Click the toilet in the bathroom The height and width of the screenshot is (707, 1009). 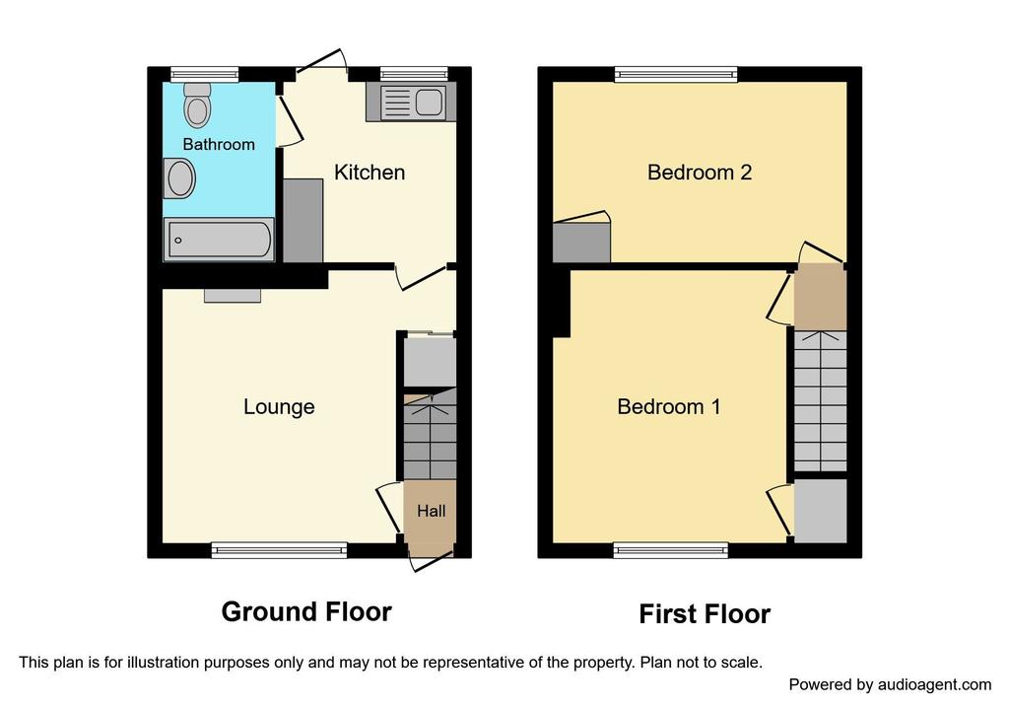[x=197, y=105]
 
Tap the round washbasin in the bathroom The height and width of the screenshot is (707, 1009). [x=179, y=178]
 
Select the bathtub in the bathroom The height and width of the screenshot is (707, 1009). [x=219, y=240]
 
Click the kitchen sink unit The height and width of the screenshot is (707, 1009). [x=411, y=102]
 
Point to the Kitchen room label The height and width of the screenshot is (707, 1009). [x=370, y=172]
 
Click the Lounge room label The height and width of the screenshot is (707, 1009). [x=279, y=406]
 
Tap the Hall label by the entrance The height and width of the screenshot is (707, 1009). [x=431, y=511]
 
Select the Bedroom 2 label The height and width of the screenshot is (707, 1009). [x=700, y=172]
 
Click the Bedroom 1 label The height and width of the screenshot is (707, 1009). [x=669, y=406]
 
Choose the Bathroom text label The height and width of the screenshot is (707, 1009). [x=219, y=144]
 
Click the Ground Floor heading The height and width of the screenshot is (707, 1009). [x=306, y=611]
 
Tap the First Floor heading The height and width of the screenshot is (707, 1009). [x=705, y=613]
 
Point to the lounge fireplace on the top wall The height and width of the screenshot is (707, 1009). [x=233, y=295]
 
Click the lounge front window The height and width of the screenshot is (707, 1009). [x=279, y=550]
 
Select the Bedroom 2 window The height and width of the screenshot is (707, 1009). [x=676, y=75]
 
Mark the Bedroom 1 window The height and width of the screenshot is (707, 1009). [x=670, y=550]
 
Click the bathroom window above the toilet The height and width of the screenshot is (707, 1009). [x=205, y=75]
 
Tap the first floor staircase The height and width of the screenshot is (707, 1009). [x=820, y=401]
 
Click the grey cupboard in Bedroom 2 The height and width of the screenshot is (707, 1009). [x=581, y=243]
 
